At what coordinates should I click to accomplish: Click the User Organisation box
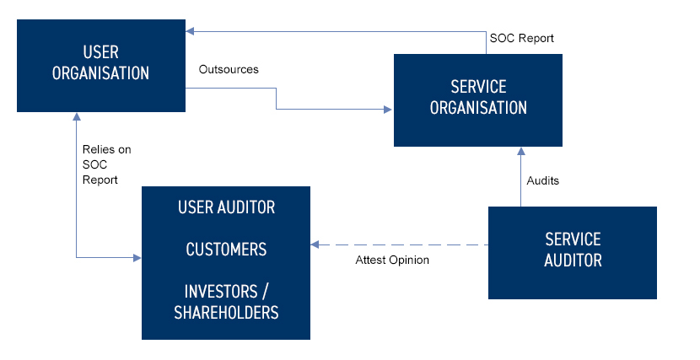pyautogui.click(x=101, y=66)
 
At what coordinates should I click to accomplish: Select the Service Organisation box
pyautogui.click(x=478, y=99)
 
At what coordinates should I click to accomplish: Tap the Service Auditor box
pyautogui.click(x=573, y=252)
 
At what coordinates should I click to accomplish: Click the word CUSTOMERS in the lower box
pyautogui.click(x=226, y=250)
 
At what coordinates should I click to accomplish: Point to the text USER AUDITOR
pyautogui.click(x=226, y=207)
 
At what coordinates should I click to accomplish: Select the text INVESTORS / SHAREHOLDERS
pyautogui.click(x=226, y=302)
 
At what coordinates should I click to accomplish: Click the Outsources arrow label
pyautogui.click(x=229, y=69)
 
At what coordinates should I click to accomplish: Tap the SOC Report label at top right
pyautogui.click(x=521, y=39)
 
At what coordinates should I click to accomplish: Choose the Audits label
pyautogui.click(x=542, y=180)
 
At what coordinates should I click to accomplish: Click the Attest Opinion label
pyautogui.click(x=392, y=260)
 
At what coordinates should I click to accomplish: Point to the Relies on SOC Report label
pyautogui.click(x=106, y=164)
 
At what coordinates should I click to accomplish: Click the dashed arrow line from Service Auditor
pyautogui.click(x=405, y=244)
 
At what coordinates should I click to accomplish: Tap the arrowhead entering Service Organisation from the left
pyautogui.click(x=389, y=109)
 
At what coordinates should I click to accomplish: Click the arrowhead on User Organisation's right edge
pyautogui.click(x=191, y=32)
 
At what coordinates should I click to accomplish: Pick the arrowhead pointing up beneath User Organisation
pyautogui.click(x=76, y=118)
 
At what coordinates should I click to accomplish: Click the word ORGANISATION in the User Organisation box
pyautogui.click(x=101, y=73)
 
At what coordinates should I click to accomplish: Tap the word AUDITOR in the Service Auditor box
pyautogui.click(x=573, y=261)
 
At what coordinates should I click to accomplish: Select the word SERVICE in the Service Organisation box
pyautogui.click(x=478, y=88)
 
